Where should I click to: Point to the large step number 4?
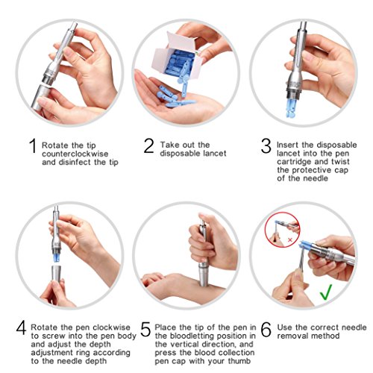tap(21, 328)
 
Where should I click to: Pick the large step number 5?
tap(145, 328)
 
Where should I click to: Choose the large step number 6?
tap(266, 328)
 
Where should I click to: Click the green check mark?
tap(325, 293)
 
